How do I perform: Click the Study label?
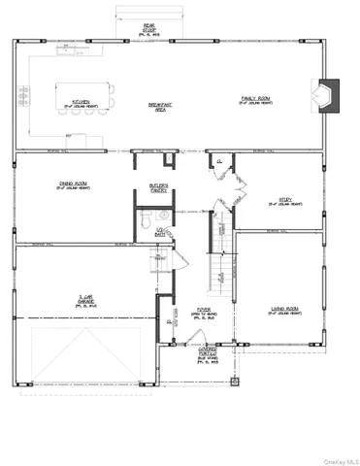pyautogui.click(x=285, y=201)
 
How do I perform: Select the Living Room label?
pyautogui.click(x=284, y=312)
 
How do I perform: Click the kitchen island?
pyautogui.click(x=80, y=94)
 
